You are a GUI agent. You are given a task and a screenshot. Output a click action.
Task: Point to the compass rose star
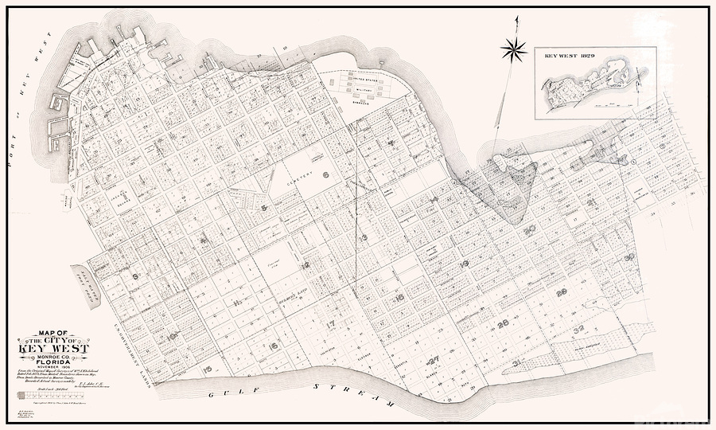514,50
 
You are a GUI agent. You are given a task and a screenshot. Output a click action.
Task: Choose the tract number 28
503,323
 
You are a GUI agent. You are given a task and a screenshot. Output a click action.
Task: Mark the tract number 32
578,329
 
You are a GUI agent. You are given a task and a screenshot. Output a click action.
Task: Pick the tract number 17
332,324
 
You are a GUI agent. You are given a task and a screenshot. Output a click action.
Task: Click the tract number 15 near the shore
208,369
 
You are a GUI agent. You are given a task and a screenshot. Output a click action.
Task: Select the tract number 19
464,263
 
